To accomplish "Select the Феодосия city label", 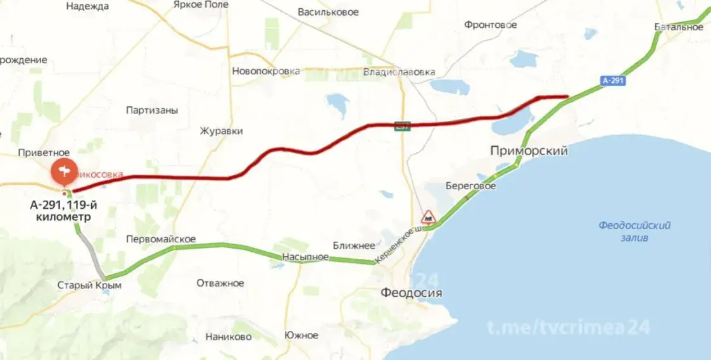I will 411,293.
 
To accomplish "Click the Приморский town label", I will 529,151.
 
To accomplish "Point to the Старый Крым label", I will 89,285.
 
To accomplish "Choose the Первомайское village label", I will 161,240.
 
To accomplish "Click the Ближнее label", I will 354,245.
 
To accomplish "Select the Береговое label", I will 470,187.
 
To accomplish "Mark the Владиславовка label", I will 400,72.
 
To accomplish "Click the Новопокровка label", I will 266,71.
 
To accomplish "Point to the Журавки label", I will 222,131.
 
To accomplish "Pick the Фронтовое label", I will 490,25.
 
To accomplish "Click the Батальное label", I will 679,27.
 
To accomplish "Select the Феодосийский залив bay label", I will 634,232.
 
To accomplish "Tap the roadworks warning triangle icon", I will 429,216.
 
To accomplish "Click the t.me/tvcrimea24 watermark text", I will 568,328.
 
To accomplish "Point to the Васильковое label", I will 328,12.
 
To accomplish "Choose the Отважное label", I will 220,283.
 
